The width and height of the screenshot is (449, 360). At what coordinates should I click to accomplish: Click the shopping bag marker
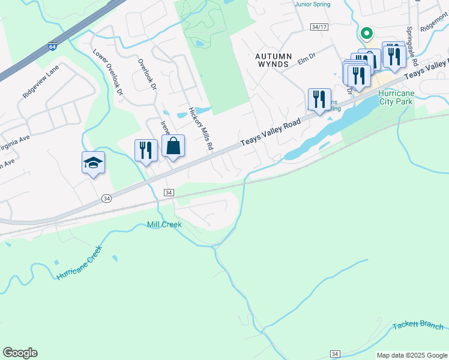click(x=173, y=146)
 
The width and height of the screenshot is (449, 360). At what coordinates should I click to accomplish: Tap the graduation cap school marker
click(x=93, y=163)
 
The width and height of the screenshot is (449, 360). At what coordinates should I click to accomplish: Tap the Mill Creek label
click(x=164, y=224)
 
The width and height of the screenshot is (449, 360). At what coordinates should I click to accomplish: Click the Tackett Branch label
click(x=418, y=326)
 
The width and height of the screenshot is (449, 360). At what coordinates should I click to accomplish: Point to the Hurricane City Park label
click(x=396, y=98)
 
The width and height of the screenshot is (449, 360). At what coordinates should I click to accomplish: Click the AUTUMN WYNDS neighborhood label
click(x=273, y=61)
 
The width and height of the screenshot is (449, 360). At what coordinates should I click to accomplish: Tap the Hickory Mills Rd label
click(x=201, y=128)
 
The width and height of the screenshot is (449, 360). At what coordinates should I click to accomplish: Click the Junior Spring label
click(x=314, y=4)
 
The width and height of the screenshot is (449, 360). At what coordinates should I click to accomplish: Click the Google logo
click(x=20, y=353)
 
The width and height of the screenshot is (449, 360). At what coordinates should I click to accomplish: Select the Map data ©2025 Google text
click(x=412, y=355)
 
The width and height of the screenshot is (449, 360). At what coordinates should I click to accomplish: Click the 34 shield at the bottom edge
click(x=335, y=354)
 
